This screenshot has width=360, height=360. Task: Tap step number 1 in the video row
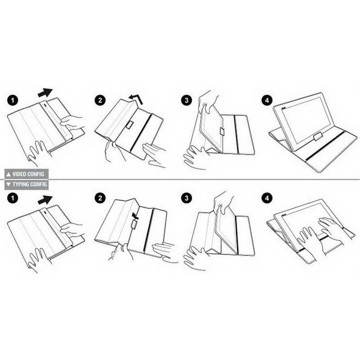click(x=13, y=100)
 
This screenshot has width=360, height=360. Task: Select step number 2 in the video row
click(x=100, y=100)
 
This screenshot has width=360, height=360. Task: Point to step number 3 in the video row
click(x=186, y=100)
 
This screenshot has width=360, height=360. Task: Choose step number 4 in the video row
click(x=267, y=100)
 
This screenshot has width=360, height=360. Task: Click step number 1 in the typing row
click(x=13, y=198)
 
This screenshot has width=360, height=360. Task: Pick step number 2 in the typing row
click(x=100, y=198)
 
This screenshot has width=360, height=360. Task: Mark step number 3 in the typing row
click(x=186, y=198)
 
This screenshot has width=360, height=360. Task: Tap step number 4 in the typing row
click(x=267, y=198)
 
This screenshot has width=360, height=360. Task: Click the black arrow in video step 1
click(x=45, y=93)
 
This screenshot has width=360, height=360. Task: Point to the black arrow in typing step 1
click(x=45, y=200)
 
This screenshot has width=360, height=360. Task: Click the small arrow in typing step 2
click(x=136, y=216)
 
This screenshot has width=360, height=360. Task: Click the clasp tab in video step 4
click(x=319, y=137)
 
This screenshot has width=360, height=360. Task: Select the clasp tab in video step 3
click(x=222, y=131)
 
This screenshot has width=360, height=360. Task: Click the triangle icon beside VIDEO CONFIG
click(x=9, y=174)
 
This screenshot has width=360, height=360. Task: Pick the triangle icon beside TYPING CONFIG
click(x=9, y=184)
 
